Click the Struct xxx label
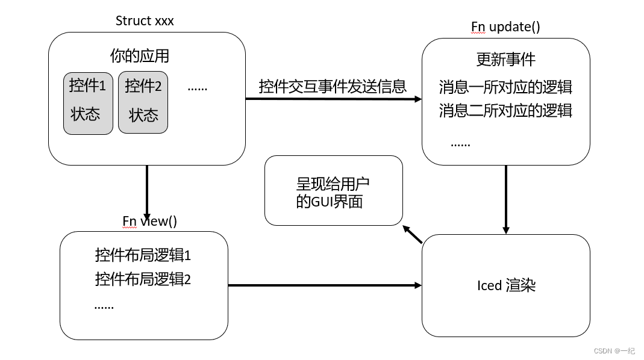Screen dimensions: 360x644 pos(145,21)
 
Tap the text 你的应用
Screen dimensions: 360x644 pos(139,56)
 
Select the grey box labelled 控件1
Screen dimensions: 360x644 pos(88,102)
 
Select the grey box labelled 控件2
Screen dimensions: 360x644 pos(143,102)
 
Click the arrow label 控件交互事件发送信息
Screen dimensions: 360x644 pos(333,86)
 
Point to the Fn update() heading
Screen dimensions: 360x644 pos(505,27)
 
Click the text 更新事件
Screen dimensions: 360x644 pos(505,60)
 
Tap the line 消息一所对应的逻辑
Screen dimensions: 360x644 pos(505,87)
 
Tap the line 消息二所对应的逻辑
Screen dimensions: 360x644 pos(505,111)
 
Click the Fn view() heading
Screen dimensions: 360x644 pos(149,221)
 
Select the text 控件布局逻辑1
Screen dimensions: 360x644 pos(143,255)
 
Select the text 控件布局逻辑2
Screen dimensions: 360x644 pos(143,279)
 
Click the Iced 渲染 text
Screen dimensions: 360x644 pos(505,285)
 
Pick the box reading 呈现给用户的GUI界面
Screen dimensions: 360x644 pos(333,191)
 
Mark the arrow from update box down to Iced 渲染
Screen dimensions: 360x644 pos(505,199)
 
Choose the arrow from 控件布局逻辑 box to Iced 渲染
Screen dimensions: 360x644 pos(325,285)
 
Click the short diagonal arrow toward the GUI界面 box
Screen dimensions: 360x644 pos(413,234)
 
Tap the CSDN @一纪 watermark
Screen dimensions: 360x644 pos(614,351)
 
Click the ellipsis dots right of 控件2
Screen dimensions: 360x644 pos(197,88)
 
